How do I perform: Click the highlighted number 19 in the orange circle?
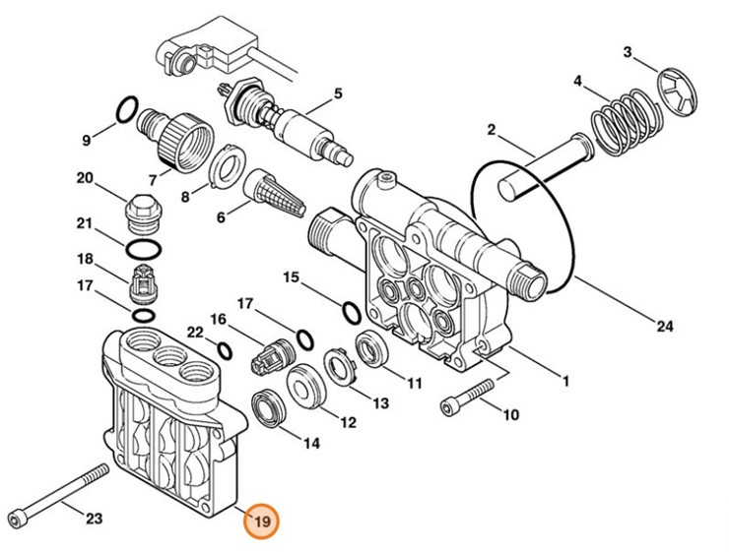(x=262, y=521)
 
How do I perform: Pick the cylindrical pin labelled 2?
(x=542, y=167)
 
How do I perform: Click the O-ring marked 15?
(x=351, y=313)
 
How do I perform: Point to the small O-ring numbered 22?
(x=224, y=349)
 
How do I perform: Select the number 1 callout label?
(x=565, y=380)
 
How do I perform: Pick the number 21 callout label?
(x=85, y=222)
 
